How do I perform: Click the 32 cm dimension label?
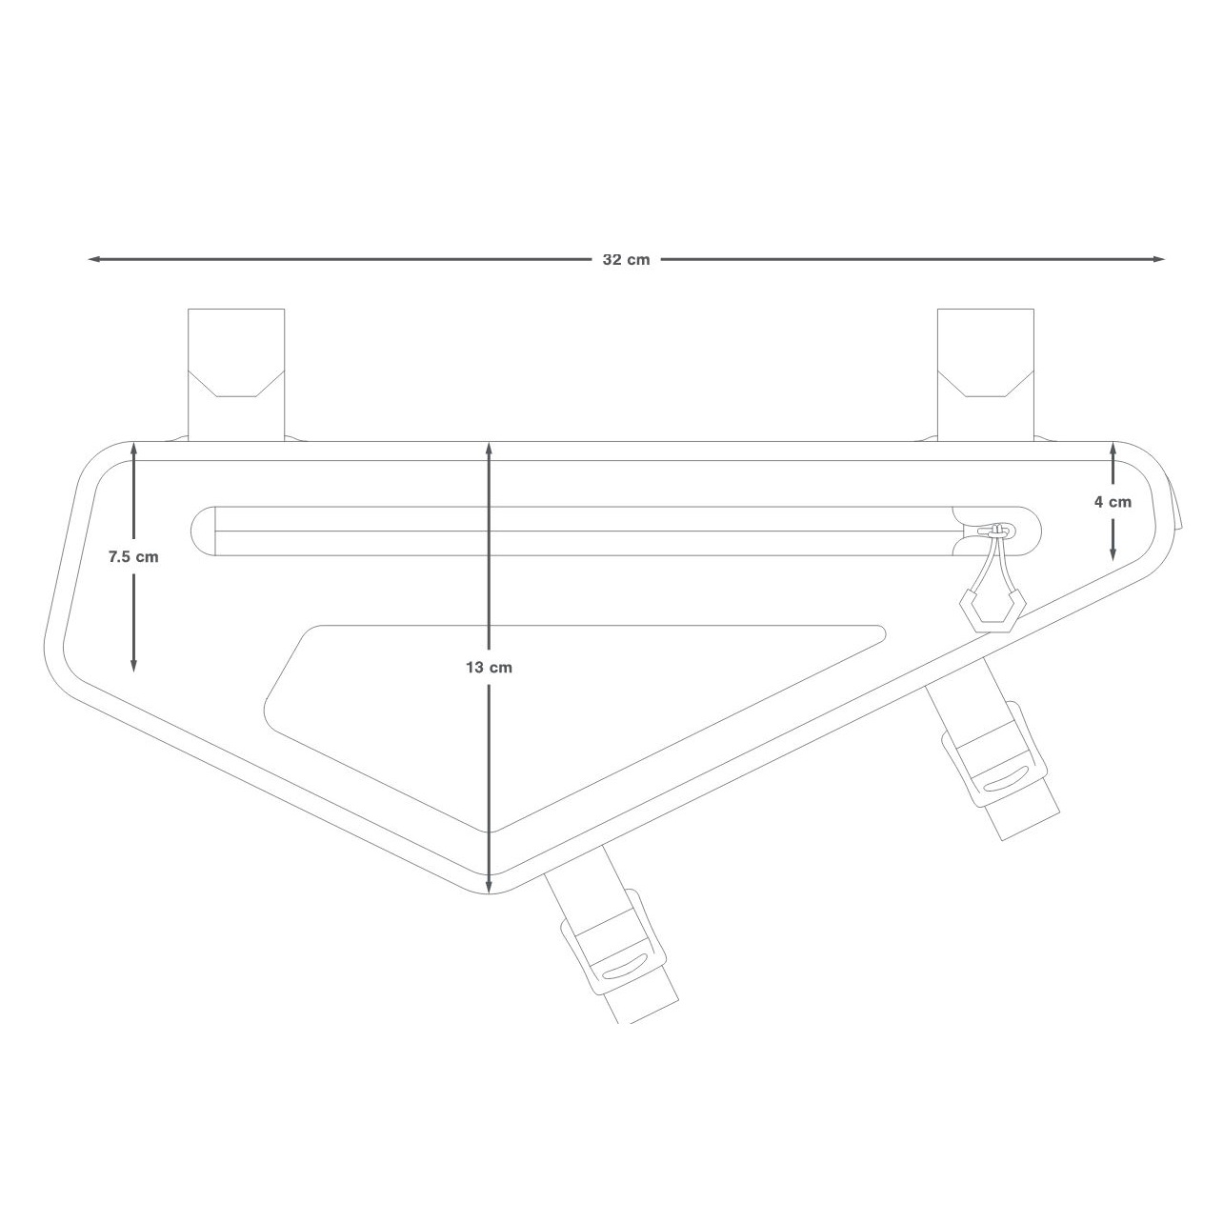(x=626, y=260)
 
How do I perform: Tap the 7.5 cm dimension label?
(x=133, y=556)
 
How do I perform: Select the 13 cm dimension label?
(x=489, y=667)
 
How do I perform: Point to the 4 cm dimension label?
(x=1113, y=501)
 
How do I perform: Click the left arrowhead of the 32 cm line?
(x=92, y=259)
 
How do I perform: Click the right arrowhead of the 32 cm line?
(x=1159, y=259)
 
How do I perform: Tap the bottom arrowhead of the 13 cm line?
(x=489, y=887)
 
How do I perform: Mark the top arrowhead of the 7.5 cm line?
(x=133, y=449)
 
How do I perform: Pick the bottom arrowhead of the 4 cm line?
(x=1113, y=554)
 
